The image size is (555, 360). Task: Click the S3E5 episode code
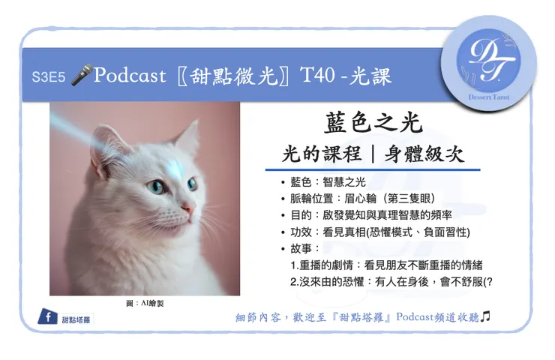click(x=46, y=76)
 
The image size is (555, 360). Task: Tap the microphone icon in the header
click(x=79, y=76)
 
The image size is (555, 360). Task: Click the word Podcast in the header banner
click(x=130, y=76)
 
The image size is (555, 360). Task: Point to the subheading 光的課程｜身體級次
click(x=373, y=154)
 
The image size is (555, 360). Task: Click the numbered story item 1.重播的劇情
click(x=385, y=265)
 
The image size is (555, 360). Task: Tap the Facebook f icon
click(x=48, y=318)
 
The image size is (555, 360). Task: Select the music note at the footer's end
click(x=485, y=317)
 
